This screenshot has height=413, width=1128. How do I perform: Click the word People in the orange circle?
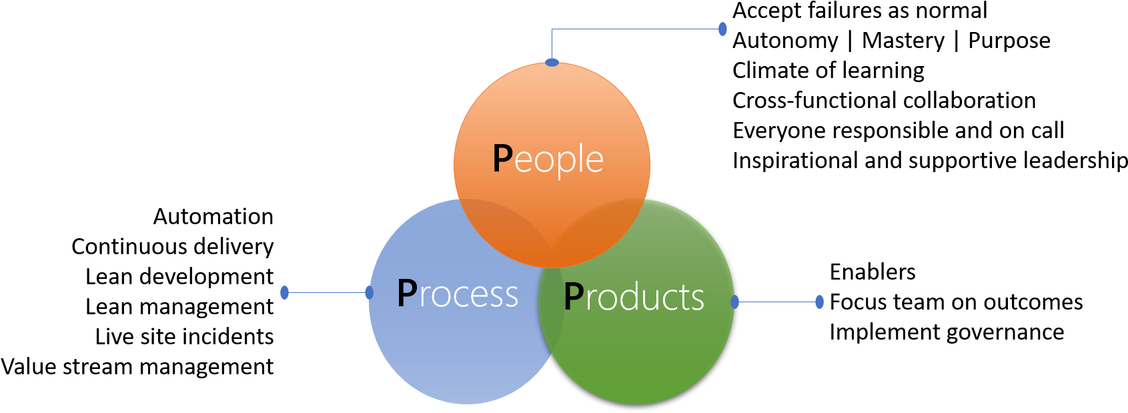tap(548, 159)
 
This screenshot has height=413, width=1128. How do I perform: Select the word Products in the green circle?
tap(634, 296)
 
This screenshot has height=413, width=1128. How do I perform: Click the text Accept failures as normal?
tap(860, 11)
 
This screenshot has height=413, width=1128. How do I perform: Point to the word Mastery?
tap(903, 41)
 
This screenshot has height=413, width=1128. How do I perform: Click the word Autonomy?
tap(785, 41)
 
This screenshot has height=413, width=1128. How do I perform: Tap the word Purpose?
tap(1009, 41)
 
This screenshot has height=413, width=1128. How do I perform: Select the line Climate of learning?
tap(828, 71)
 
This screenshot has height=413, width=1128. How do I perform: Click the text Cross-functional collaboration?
tap(885, 100)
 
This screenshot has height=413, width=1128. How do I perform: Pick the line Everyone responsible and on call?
tap(899, 131)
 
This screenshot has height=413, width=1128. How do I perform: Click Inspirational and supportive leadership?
tap(930, 161)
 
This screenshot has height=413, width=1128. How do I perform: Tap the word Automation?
tap(213, 217)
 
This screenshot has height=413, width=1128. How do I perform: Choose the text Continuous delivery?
tap(173, 247)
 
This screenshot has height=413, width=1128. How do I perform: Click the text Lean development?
tap(180, 277)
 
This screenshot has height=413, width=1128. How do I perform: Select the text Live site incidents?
tap(184, 336)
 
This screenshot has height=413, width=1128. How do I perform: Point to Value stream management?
tap(137, 367)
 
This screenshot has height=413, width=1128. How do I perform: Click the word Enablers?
tap(873, 272)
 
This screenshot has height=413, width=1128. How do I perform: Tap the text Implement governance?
tap(947, 332)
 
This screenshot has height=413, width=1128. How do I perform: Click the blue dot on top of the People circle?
tap(552, 63)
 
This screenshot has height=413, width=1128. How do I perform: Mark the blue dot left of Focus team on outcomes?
tap(820, 302)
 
